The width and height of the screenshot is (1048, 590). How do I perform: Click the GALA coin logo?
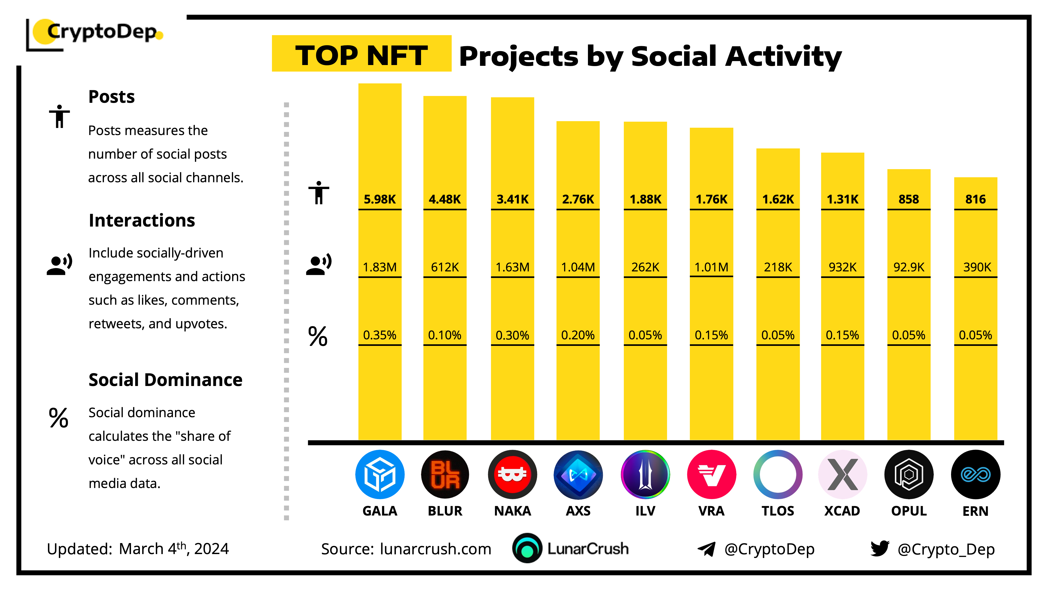[x=380, y=474]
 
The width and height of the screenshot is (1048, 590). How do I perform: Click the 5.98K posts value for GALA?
[x=380, y=199]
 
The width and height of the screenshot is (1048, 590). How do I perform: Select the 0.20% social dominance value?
[x=578, y=335]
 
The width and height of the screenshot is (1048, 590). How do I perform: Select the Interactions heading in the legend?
[x=141, y=220]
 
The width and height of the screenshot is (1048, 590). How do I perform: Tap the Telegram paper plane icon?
[x=706, y=549]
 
